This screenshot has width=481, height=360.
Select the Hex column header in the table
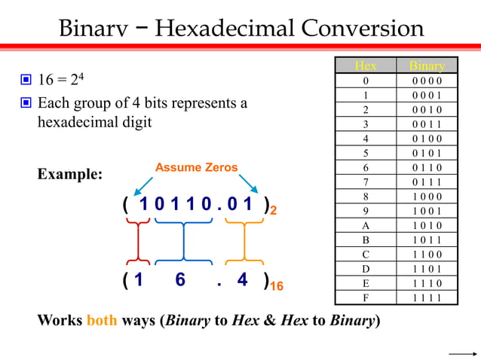coord(366,66)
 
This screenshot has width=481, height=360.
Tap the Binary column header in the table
coord(427,66)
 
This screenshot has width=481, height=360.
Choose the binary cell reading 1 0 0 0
coord(427,197)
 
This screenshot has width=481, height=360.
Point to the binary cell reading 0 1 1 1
coord(427,182)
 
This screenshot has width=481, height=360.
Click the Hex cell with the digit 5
coord(366,153)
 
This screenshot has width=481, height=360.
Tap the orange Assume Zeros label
coord(196,168)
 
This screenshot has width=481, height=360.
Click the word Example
coord(69,175)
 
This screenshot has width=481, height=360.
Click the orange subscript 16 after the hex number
coord(276,287)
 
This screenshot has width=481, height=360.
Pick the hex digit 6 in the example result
coord(180,280)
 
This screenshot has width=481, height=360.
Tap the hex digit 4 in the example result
coord(242,280)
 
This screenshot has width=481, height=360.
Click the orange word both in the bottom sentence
coord(102,319)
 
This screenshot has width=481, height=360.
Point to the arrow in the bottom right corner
coord(461,352)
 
